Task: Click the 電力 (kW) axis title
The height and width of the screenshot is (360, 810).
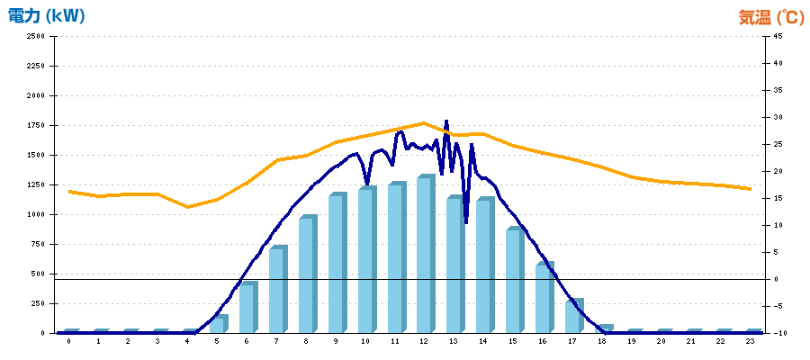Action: [x=46, y=16]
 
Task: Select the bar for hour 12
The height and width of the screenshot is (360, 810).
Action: [x=424, y=256]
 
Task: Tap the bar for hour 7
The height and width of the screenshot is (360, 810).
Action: [x=276, y=291]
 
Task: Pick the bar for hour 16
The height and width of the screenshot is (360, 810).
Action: [x=543, y=299]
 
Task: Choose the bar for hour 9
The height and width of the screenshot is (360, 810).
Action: [x=336, y=265]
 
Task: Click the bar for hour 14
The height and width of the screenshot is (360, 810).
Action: [x=483, y=266]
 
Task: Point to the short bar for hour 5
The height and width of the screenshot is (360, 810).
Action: [x=217, y=324]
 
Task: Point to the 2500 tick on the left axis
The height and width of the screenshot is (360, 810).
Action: [x=35, y=36]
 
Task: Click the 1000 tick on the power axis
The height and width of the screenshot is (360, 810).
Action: [x=35, y=214]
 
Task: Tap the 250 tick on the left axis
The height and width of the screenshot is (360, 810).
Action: [x=38, y=303]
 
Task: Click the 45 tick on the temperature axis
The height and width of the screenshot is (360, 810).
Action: [x=777, y=36]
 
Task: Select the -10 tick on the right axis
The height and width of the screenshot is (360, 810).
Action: [x=778, y=333]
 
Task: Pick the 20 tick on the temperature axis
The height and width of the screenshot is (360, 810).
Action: [x=777, y=171]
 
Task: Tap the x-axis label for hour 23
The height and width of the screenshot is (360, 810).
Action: [x=750, y=342]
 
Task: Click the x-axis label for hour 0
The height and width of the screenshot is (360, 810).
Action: [x=68, y=342]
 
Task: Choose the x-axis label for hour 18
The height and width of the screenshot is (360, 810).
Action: [x=602, y=342]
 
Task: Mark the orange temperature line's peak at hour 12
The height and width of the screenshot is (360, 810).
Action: [x=424, y=123]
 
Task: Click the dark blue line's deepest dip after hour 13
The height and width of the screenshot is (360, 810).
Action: [x=465, y=221]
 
